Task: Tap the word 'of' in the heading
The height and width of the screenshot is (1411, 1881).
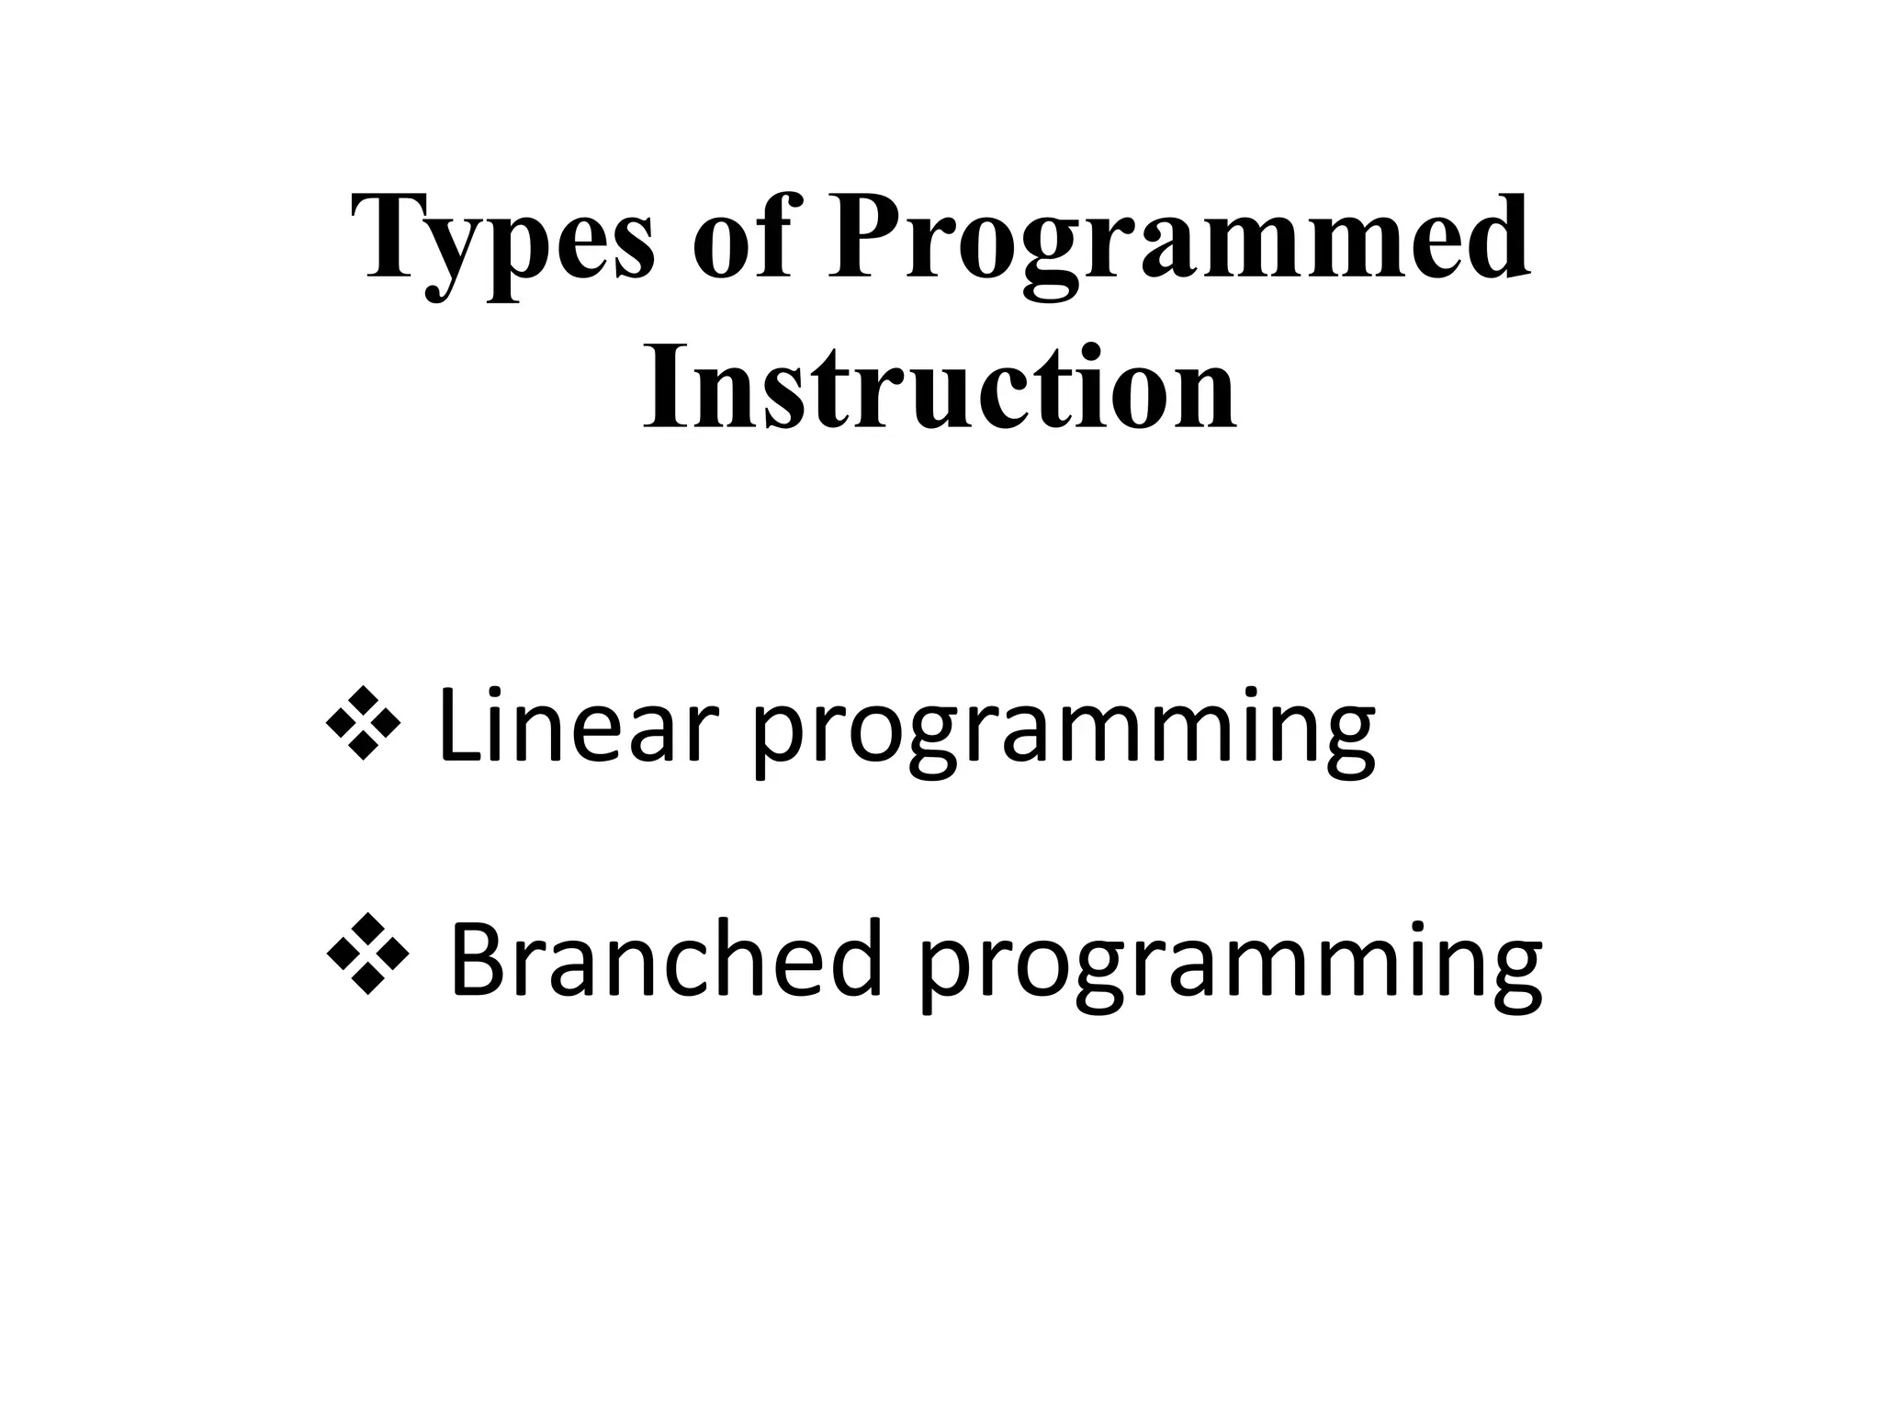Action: pyautogui.click(x=740, y=241)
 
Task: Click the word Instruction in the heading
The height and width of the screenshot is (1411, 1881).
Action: pyautogui.click(x=940, y=390)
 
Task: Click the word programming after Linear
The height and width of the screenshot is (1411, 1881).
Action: pyautogui.click(x=1064, y=735)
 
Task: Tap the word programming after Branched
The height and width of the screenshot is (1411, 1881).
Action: pyautogui.click(x=1231, y=969)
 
